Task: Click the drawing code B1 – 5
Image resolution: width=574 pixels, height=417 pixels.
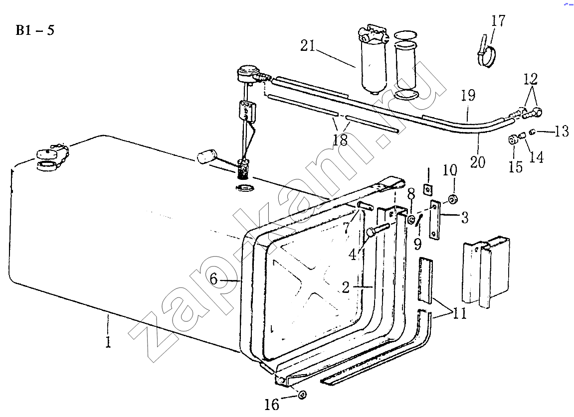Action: (35, 30)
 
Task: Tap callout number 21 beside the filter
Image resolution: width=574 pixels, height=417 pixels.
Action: (308, 46)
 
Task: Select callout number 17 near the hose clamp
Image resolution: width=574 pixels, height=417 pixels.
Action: (498, 21)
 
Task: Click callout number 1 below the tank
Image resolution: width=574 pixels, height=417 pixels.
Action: (108, 341)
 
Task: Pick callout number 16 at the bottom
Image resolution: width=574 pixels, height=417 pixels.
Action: (272, 404)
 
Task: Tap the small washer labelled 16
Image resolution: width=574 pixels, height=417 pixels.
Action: (302, 395)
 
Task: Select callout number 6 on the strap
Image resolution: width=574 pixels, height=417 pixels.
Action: (213, 279)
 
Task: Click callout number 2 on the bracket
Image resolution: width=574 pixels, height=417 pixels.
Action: (346, 287)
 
